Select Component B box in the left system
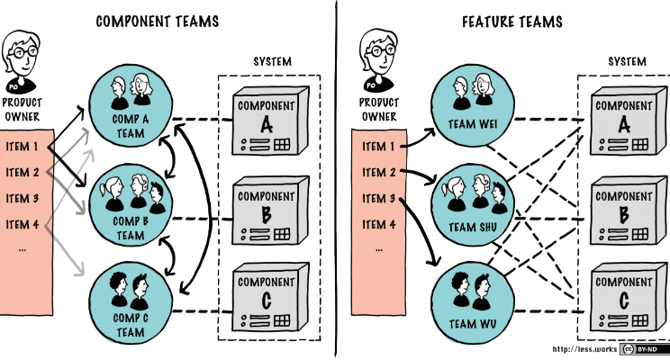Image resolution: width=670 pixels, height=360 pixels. [x=266, y=212]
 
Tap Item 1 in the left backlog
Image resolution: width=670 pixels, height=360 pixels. [x=23, y=147]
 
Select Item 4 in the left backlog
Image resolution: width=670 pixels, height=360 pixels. [x=23, y=224]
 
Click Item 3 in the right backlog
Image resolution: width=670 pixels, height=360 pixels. [x=379, y=198]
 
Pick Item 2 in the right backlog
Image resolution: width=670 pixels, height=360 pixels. [x=379, y=172]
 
